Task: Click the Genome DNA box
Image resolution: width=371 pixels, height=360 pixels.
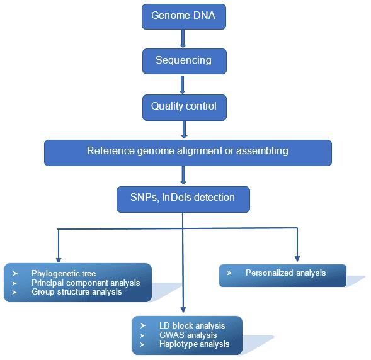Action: [x=183, y=16]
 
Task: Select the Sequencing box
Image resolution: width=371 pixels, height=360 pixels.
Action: [x=183, y=61]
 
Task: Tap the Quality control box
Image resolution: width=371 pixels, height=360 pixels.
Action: [x=183, y=106]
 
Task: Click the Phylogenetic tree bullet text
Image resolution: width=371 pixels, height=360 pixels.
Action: [x=64, y=273]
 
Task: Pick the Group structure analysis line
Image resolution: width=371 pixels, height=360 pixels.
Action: [x=76, y=292]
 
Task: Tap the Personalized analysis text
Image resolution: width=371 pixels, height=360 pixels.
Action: [x=285, y=273]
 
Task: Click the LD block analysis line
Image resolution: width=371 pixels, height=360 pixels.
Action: [x=191, y=325]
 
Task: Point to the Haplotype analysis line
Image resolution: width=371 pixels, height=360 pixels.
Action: [x=194, y=344]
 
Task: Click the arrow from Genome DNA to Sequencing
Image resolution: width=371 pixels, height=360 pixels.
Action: [x=183, y=38]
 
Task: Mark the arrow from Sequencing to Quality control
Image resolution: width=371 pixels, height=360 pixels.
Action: [x=183, y=83]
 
